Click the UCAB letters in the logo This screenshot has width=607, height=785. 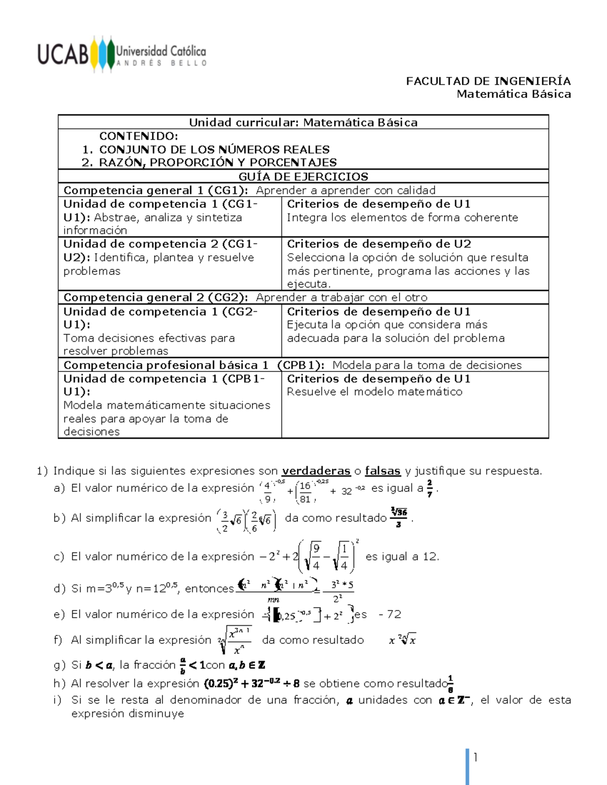tap(63, 54)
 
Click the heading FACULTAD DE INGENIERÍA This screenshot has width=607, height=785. tap(488, 81)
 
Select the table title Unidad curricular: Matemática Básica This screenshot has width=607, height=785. tap(303, 122)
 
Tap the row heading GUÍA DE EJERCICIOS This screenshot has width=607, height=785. tap(303, 176)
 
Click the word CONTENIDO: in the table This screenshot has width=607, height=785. tap(138, 136)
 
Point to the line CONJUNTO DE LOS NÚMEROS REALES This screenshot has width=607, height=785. tap(214, 150)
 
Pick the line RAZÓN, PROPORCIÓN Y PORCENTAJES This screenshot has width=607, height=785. tap(218, 162)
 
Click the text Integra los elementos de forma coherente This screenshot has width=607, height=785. tap(402, 217)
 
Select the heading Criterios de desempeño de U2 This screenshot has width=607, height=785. tap(379, 244)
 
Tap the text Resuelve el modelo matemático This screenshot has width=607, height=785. tap(374, 392)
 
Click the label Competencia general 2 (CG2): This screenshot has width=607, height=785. tap(155, 297)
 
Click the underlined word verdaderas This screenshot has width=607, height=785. tap(316, 471)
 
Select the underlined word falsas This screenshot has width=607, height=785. tap(382, 471)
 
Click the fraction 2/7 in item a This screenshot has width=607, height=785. tap(429, 489)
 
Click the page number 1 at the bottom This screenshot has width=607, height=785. tap(475, 757)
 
